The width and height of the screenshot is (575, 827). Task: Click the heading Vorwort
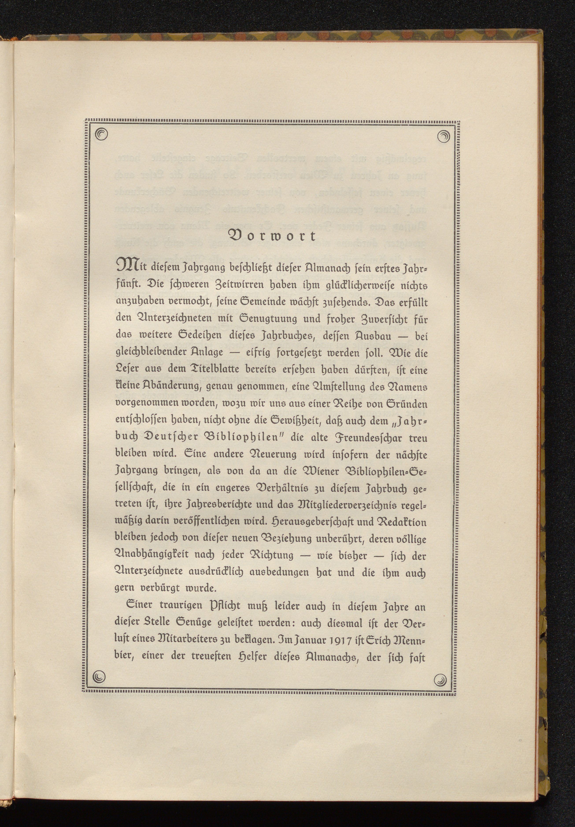[x=272, y=236]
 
